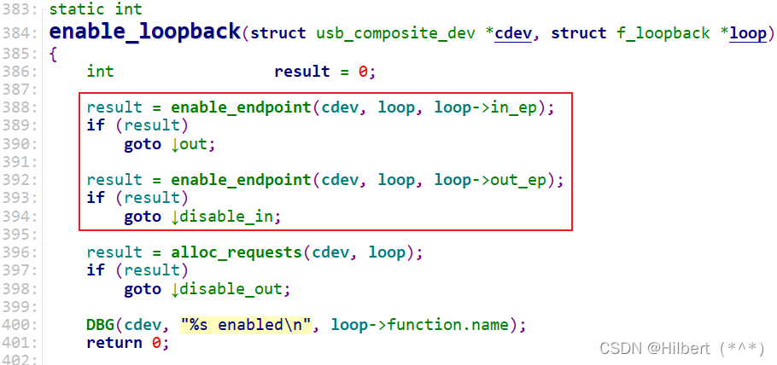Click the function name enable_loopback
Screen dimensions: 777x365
pyautogui.click(x=145, y=33)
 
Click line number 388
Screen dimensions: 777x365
pyautogui.click(x=20, y=107)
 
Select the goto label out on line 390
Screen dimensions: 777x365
pyautogui.click(x=193, y=144)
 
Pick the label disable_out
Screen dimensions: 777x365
pyautogui.click(x=231, y=289)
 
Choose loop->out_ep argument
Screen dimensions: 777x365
pyautogui.click(x=495, y=180)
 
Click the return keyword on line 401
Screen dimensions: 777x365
pyautogui.click(x=114, y=343)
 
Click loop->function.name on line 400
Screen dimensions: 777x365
pyautogui.click(x=420, y=325)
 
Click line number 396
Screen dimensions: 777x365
pyautogui.click(x=20, y=252)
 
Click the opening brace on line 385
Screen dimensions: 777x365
pyautogui.click(x=53, y=53)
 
